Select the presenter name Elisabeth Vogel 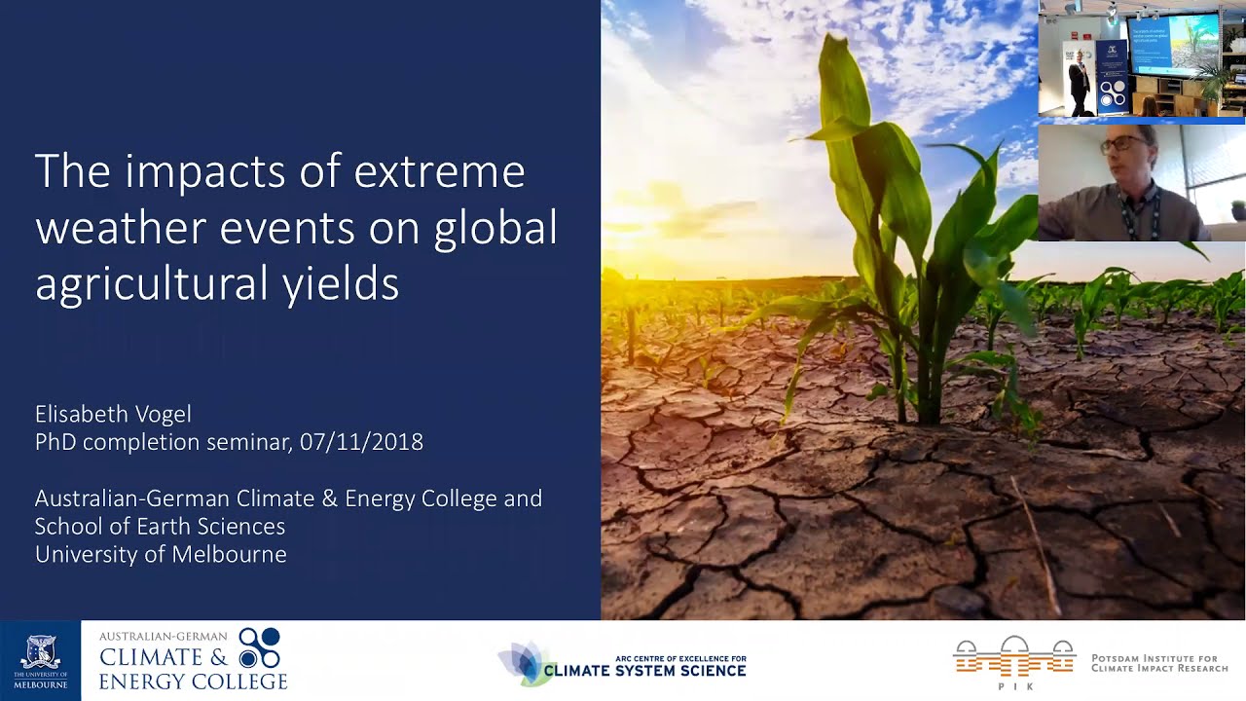click(x=113, y=414)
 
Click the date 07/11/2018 click(x=361, y=442)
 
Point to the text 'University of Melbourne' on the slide click(x=161, y=555)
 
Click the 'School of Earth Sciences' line click(x=160, y=527)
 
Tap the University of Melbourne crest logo click(x=40, y=654)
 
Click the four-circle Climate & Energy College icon click(x=260, y=647)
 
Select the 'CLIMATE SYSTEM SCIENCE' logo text click(x=644, y=671)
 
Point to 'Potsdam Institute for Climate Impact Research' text click(x=1158, y=663)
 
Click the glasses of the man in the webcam click(x=1123, y=144)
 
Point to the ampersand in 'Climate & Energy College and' click(x=328, y=499)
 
